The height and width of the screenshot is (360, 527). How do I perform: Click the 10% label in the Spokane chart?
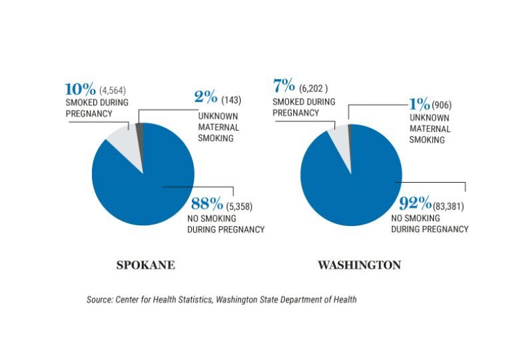click(x=79, y=89)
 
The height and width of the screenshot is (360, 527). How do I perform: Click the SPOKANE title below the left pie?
click(x=146, y=265)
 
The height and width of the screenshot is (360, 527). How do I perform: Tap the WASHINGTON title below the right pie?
click(x=359, y=265)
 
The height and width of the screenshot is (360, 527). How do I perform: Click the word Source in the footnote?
click(x=99, y=300)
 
